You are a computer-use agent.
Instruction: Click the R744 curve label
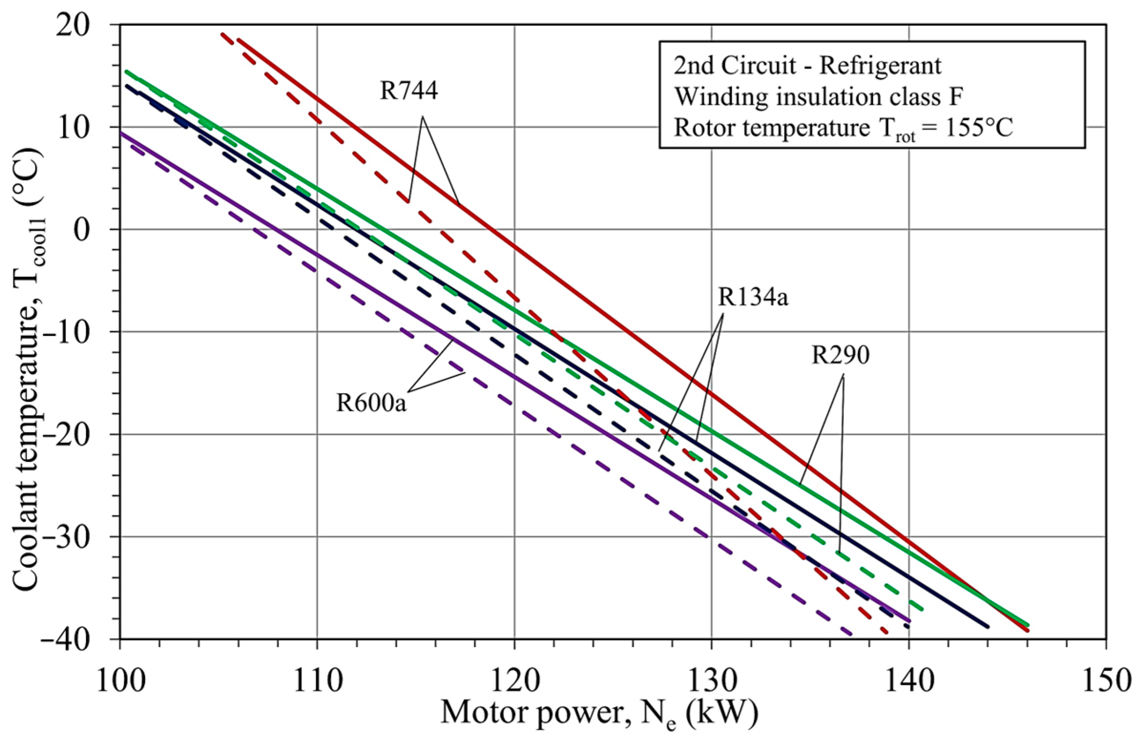(x=409, y=91)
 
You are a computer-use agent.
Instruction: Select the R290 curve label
(x=840, y=356)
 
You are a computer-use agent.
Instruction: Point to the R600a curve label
(x=371, y=403)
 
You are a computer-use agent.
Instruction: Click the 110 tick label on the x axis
(x=317, y=681)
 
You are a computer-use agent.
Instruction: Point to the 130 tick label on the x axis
(x=711, y=681)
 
